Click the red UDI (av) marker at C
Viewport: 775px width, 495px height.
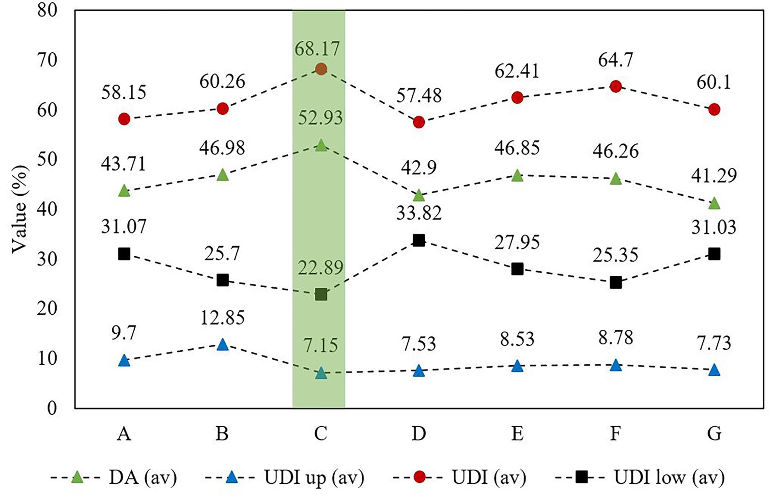(x=321, y=69)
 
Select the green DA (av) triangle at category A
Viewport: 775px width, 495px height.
(x=124, y=191)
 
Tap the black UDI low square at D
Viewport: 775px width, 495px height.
(x=419, y=240)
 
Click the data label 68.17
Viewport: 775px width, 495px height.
(x=318, y=48)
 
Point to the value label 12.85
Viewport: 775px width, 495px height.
(x=222, y=318)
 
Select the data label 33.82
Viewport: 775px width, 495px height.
(x=419, y=213)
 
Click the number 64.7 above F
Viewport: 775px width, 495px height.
(x=616, y=61)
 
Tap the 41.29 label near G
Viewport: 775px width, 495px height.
(x=714, y=175)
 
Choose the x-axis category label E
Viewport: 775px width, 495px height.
(x=517, y=433)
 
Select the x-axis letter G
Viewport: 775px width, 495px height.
(x=714, y=433)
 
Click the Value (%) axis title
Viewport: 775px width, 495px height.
(x=19, y=208)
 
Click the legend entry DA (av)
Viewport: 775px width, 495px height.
(x=142, y=478)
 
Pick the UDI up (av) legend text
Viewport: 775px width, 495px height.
(x=314, y=478)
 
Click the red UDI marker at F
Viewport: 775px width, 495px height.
(x=616, y=87)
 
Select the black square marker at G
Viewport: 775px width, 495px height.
(x=714, y=254)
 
